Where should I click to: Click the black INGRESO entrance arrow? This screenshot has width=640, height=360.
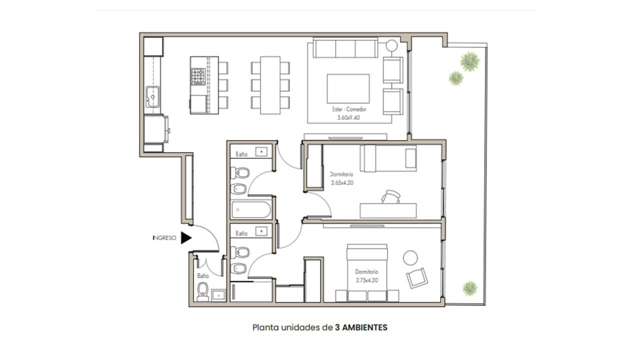[186, 237]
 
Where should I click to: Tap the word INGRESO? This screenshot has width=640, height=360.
[164, 237]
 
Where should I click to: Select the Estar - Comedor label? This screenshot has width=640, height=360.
[349, 109]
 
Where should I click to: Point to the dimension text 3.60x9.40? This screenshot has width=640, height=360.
[348, 117]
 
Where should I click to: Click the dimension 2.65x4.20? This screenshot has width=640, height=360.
[342, 182]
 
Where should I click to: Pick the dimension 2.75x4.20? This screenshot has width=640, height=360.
[367, 280]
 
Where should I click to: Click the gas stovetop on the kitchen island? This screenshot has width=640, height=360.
[198, 76]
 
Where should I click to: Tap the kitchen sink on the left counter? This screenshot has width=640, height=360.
[152, 96]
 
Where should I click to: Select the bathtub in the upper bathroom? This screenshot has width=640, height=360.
[251, 210]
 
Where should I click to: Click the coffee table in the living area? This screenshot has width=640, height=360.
[348, 88]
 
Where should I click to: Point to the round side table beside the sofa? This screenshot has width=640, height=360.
[391, 45]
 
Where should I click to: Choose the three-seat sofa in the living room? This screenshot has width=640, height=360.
[345, 47]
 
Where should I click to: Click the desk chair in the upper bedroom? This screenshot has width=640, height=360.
[390, 196]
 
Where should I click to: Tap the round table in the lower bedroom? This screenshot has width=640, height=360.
[410, 258]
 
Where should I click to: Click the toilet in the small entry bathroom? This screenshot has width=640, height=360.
[203, 291]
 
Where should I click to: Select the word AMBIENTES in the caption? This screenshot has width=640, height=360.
[365, 327]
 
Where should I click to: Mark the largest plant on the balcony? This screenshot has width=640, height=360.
[469, 61]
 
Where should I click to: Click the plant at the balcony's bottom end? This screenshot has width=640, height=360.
[469, 288]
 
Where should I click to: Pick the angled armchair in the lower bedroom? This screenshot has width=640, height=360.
[417, 278]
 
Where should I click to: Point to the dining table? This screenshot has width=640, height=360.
[270, 85]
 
